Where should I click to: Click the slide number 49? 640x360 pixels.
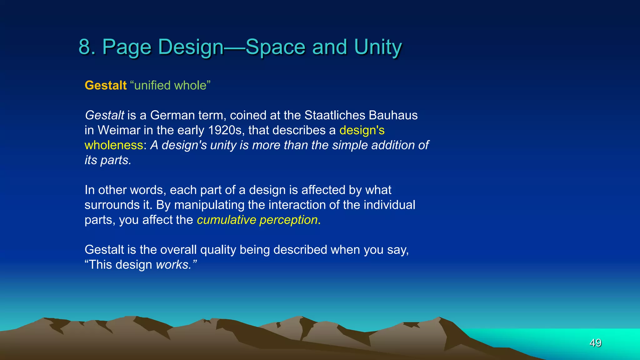coord(595,343)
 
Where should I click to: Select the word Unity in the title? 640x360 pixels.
coord(378,47)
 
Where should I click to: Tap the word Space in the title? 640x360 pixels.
coord(275,47)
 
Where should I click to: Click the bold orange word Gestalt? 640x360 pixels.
coord(106,85)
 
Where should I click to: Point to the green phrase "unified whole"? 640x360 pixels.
coord(170,85)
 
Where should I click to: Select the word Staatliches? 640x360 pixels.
coord(335,115)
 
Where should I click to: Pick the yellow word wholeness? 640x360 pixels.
coord(114,145)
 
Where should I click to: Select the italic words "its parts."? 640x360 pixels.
coord(108,160)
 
